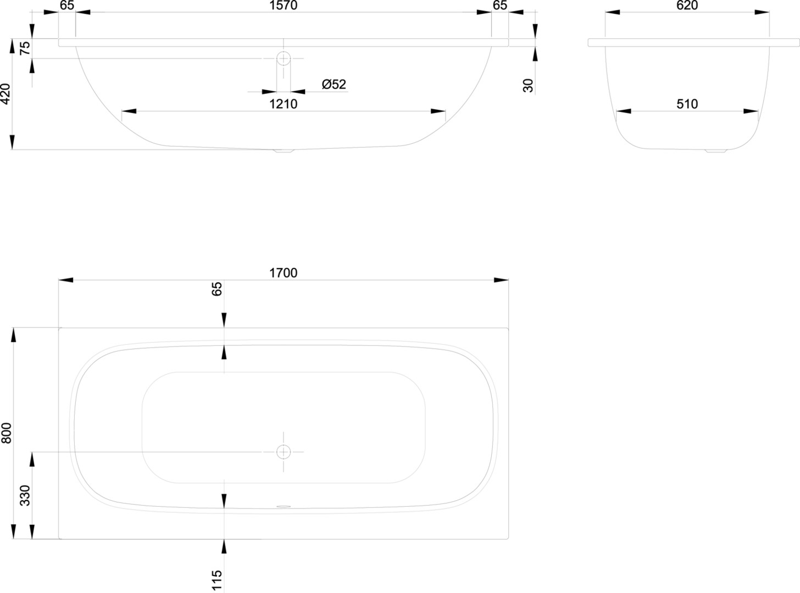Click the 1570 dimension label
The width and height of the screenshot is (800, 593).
(283, 5)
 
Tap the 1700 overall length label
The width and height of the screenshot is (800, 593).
(283, 273)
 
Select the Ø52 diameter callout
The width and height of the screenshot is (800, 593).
(334, 85)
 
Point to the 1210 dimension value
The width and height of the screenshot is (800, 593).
(283, 104)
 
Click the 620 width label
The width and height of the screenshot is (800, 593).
(687, 5)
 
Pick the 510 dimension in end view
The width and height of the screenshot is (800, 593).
(687, 104)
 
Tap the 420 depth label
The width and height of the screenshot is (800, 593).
(6, 94)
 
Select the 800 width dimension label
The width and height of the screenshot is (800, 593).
(7, 433)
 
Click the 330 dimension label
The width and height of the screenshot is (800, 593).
(25, 496)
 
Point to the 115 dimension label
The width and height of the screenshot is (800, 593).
(217, 580)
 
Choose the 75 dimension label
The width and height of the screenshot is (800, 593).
(25, 48)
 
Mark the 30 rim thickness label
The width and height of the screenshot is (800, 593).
(528, 86)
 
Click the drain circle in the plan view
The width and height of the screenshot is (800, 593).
(284, 452)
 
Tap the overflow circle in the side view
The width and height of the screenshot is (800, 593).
(284, 58)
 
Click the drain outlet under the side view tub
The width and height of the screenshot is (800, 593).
(284, 151)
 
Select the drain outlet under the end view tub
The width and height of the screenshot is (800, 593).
(716, 151)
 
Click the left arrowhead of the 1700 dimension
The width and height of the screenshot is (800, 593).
(65, 280)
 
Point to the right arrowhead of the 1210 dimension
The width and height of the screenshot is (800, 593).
(438, 111)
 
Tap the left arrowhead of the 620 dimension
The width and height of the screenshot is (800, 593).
(613, 12)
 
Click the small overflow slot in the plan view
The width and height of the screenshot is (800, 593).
(284, 506)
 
